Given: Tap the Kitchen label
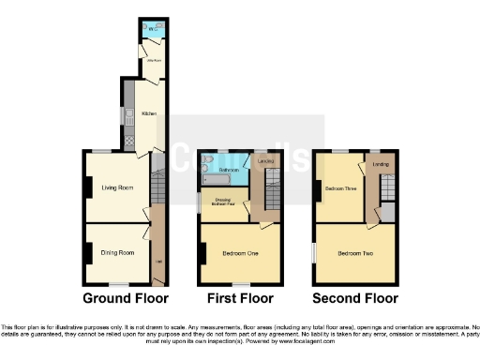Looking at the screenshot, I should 148,113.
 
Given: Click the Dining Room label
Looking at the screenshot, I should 118,252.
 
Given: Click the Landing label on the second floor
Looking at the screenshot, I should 381,166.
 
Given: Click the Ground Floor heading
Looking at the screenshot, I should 126,299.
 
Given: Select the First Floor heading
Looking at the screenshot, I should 239,299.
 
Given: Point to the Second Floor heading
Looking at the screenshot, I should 355,299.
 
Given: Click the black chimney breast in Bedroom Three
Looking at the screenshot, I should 318,187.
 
